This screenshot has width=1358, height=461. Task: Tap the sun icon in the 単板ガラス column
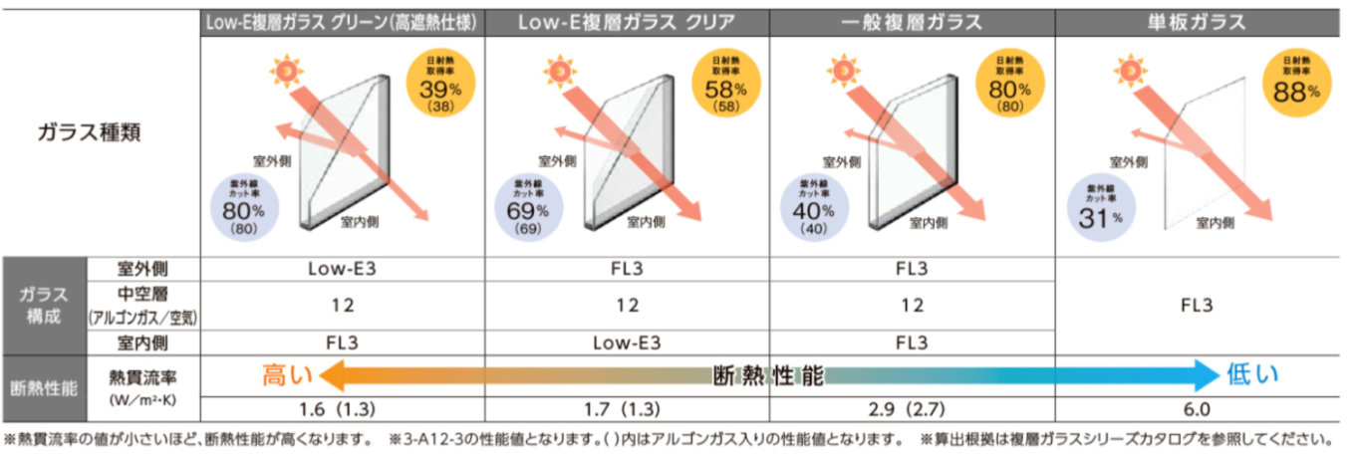point(1129,70)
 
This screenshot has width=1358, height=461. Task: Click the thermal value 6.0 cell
point(1198,409)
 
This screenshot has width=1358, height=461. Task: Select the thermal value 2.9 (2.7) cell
point(913,409)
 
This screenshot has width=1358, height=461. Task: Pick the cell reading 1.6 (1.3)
point(343,409)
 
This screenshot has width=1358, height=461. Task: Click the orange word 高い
point(287,375)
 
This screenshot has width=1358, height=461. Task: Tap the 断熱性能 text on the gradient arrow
point(768,376)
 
